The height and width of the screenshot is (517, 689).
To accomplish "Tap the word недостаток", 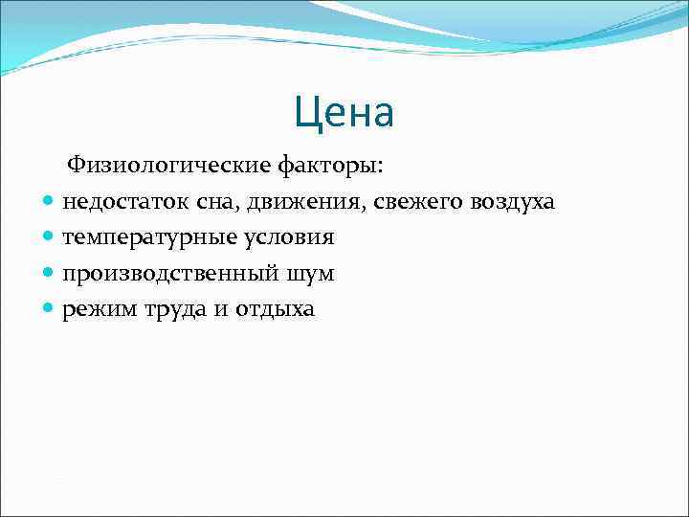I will (x=118, y=203).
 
